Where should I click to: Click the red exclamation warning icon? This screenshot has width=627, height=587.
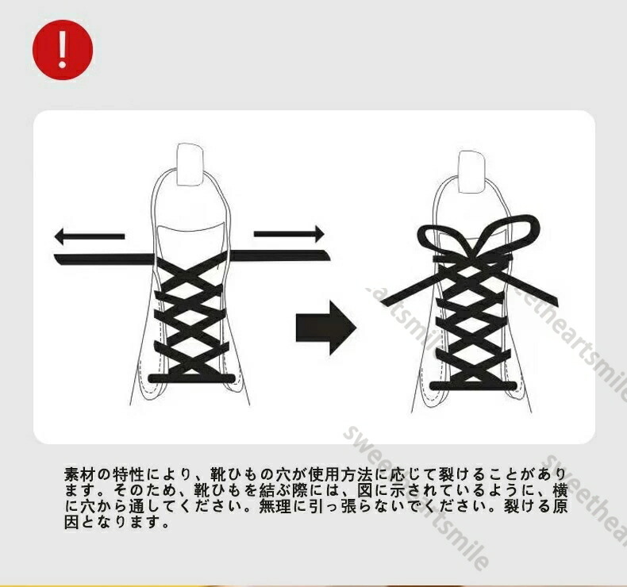click(x=63, y=50)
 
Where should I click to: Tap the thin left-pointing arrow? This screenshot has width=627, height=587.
click(x=90, y=236)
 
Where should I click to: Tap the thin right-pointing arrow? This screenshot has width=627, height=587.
click(x=289, y=234)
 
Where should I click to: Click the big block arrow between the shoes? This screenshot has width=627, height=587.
click(x=326, y=328)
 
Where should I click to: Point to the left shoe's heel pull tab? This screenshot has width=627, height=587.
click(x=190, y=164)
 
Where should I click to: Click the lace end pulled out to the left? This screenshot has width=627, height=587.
click(x=104, y=259)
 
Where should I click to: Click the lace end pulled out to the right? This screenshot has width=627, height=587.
click(x=280, y=255)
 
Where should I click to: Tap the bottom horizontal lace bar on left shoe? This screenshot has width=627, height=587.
click(x=191, y=378)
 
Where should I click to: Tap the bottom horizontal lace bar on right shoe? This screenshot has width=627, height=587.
click(x=473, y=386)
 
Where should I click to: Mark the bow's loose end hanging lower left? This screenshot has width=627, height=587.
click(x=412, y=286)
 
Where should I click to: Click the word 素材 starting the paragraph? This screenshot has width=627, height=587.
click(x=79, y=474)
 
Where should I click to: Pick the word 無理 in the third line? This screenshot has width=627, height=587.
click(x=275, y=506)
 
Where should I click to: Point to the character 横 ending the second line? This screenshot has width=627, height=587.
click(x=560, y=490)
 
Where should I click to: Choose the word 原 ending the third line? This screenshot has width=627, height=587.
click(x=560, y=506)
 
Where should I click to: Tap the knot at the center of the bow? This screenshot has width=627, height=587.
click(x=474, y=259)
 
